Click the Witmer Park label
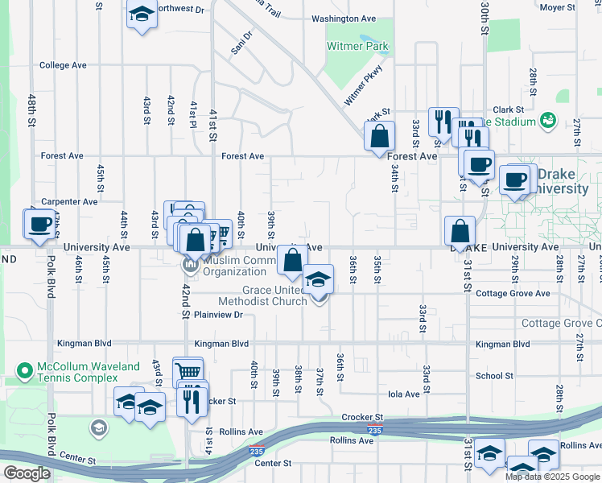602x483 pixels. point(357,47)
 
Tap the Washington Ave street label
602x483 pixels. point(344,19)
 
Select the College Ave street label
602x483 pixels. point(63,65)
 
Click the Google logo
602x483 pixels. point(26,473)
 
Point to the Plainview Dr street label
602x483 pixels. point(218,316)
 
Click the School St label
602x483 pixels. point(494,376)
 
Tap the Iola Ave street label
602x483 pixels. point(404,394)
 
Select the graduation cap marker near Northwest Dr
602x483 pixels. point(142,15)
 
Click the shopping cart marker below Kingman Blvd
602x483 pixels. point(188,372)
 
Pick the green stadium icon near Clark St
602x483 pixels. point(549,121)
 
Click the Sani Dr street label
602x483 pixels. point(241,43)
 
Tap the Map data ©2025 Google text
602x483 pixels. point(551,477)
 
